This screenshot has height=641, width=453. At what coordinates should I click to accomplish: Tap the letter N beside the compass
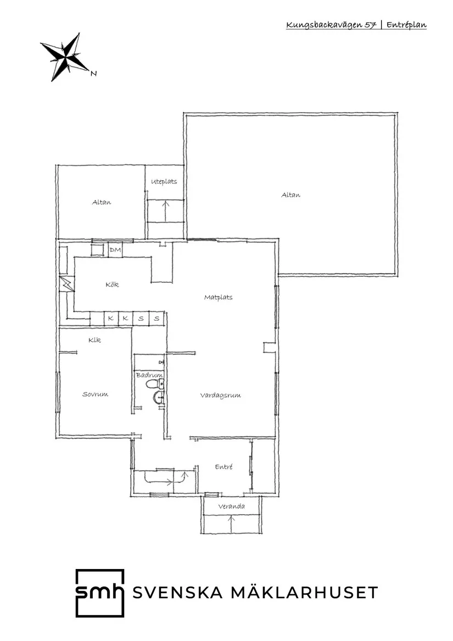93,74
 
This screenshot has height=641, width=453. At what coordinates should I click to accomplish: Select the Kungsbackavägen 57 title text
331,25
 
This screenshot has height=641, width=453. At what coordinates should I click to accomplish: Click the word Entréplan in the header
406,25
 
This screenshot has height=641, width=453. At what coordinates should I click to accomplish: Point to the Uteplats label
164,182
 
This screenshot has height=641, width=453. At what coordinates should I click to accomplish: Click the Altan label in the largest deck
290,195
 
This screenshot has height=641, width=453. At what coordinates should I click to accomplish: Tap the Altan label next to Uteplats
101,202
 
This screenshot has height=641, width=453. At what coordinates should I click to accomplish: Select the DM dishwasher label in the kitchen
115,250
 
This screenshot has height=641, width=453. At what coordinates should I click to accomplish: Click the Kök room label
112,285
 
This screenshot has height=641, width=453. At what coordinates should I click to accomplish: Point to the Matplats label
218,297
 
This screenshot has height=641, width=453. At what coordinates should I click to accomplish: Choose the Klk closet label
94,340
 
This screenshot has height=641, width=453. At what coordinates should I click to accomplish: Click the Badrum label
149,375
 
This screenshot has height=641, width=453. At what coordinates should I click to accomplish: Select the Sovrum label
95,394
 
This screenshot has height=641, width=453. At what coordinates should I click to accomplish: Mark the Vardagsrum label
220,395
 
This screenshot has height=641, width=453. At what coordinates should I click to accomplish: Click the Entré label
223,466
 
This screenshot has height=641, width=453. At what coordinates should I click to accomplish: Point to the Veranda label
231,506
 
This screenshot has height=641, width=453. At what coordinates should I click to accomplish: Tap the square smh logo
99,593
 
